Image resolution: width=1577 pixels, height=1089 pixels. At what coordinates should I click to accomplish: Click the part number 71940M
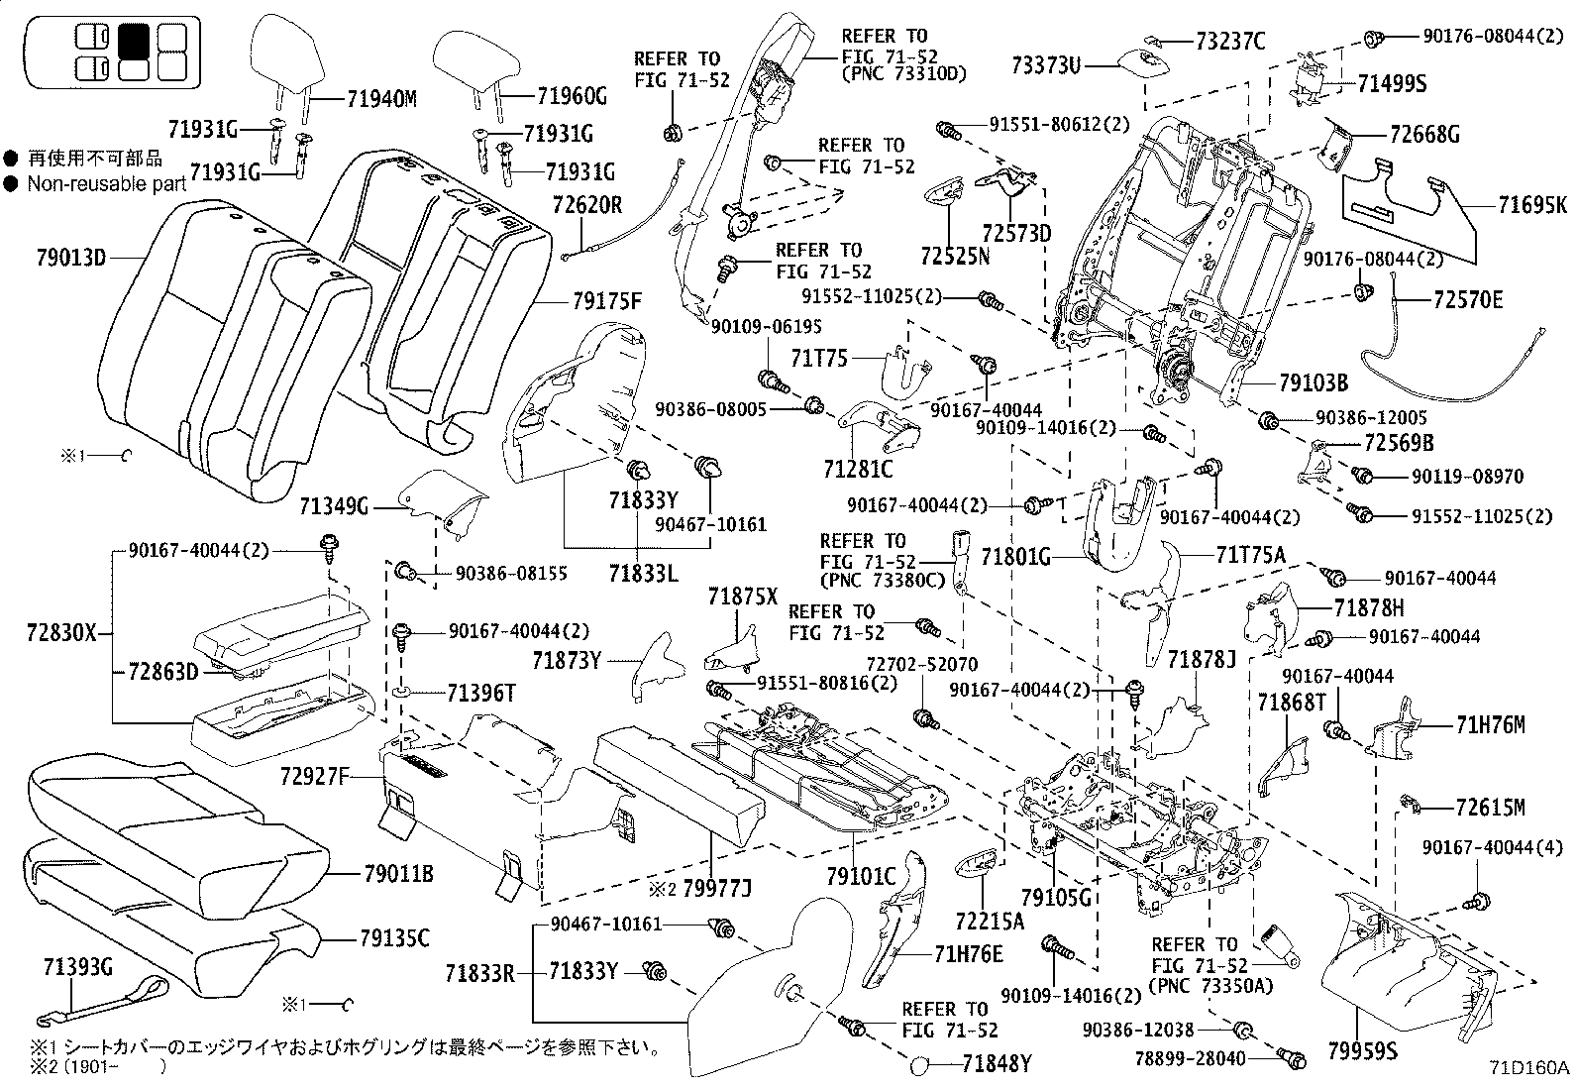click(x=381, y=98)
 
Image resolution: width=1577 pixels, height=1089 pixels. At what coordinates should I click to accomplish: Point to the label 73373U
click(x=1045, y=66)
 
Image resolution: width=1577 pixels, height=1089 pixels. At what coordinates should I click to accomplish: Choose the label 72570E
click(x=1468, y=298)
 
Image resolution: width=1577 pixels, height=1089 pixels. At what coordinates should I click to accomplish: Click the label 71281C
click(x=857, y=468)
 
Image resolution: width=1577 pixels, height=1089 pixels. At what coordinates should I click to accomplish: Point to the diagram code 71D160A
click(x=1529, y=1068)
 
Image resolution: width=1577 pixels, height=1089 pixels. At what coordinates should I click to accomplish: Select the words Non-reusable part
click(x=106, y=183)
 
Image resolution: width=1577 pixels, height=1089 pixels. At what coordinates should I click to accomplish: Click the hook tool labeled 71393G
click(x=99, y=1000)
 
